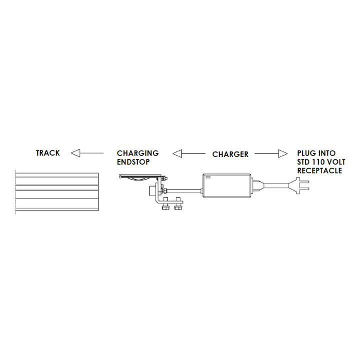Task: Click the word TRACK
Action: coord(47,152)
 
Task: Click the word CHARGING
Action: coord(137,153)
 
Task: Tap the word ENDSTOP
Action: coord(133,161)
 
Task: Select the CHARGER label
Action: coord(230,154)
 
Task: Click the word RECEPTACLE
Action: coord(319,170)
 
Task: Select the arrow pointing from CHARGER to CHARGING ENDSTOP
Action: coord(190,153)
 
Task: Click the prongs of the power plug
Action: coord(305,187)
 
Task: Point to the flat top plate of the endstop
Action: coord(142,176)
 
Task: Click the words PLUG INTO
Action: coord(316,153)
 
